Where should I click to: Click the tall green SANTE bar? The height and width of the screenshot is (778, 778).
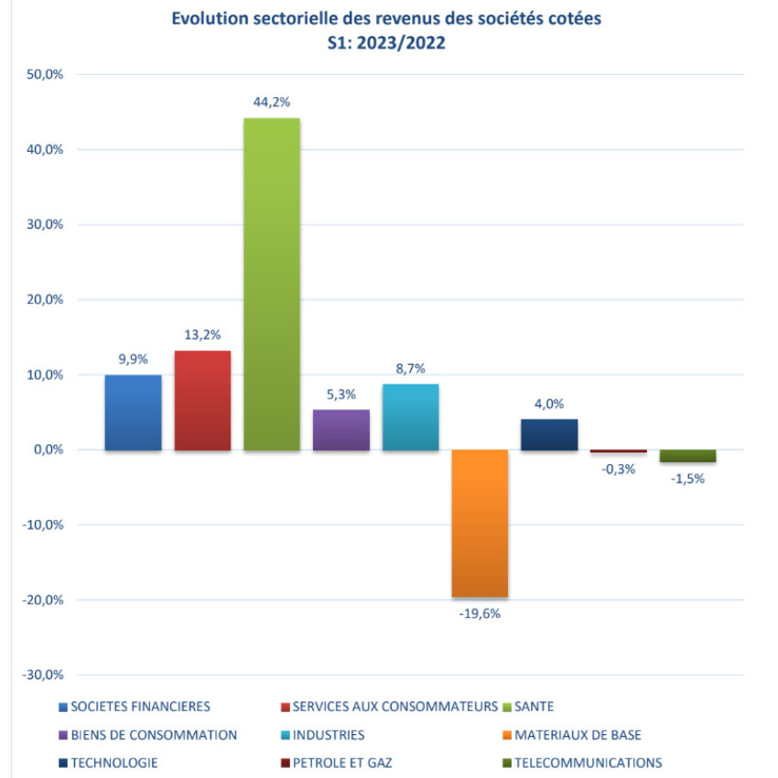[x=271, y=284]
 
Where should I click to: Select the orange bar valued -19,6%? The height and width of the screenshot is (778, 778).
[x=480, y=523]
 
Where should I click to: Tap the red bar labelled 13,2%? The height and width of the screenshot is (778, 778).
[x=202, y=400]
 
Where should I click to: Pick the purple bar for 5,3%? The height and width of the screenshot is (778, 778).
[x=341, y=429]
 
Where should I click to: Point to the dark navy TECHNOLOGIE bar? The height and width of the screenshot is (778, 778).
[x=549, y=435]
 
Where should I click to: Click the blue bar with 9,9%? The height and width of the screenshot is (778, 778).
[x=133, y=413]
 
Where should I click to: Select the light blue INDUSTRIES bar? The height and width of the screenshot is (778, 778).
[x=410, y=416]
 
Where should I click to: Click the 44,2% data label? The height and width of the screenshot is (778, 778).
[x=272, y=102]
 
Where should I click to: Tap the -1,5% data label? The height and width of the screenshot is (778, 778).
[x=687, y=478]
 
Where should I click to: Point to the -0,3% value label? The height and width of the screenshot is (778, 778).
[x=619, y=470]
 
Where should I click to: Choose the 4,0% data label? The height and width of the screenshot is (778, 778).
[x=549, y=403]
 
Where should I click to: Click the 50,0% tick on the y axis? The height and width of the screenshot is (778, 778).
[x=43, y=74]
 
